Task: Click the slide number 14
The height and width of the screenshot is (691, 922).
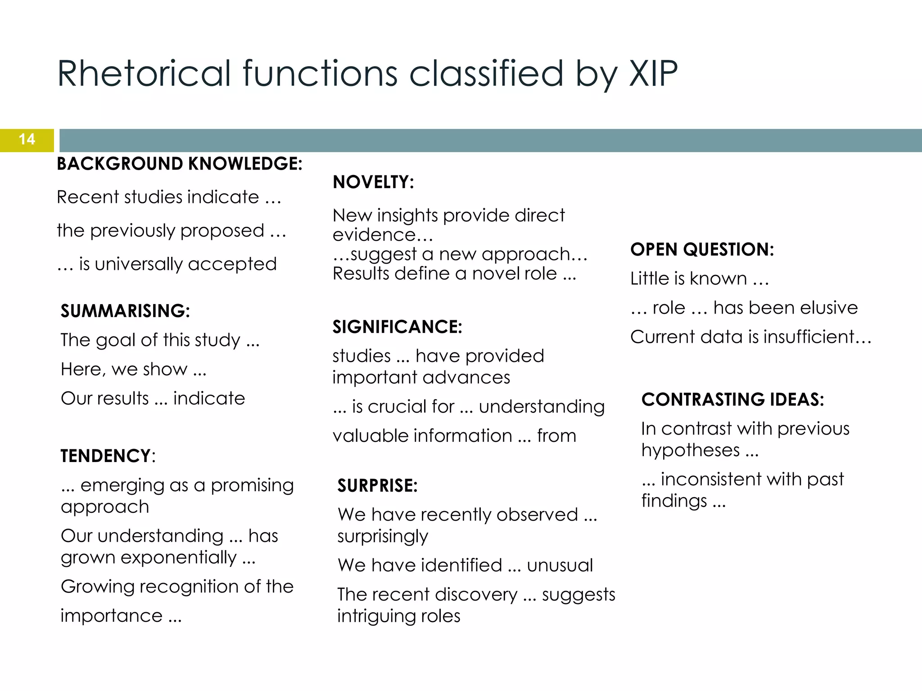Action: (x=27, y=139)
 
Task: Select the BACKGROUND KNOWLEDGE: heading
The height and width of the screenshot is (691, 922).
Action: (x=179, y=164)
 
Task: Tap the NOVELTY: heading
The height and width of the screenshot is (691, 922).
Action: (x=373, y=182)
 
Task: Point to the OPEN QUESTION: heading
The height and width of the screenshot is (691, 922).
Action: (x=702, y=250)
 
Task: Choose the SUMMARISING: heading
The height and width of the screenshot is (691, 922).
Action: (x=125, y=311)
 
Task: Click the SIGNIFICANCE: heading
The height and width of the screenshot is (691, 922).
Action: (x=397, y=327)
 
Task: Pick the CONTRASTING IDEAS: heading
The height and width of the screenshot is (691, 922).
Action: (x=732, y=399)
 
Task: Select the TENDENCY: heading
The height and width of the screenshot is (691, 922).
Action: (x=108, y=456)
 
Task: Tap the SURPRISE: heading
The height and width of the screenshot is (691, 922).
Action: (x=377, y=486)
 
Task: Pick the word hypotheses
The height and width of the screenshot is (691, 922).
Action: (x=690, y=450)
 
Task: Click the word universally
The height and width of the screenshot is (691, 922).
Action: (x=138, y=264)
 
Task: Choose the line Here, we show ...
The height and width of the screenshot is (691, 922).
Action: (x=133, y=369)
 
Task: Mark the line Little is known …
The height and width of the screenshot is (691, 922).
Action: (x=699, y=279)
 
